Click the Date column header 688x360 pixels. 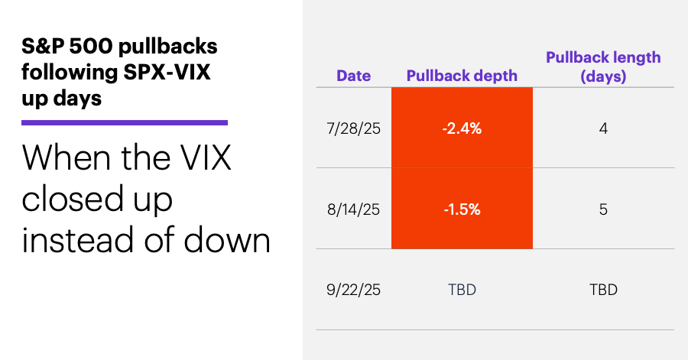pyautogui.click(x=353, y=76)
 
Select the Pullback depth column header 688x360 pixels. pyautogui.click(x=462, y=76)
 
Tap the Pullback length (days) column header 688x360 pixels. pyautogui.click(x=602, y=66)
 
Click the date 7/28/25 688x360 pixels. pyautogui.click(x=353, y=128)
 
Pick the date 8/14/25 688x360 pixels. pyautogui.click(x=353, y=209)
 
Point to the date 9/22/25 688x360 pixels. pyautogui.click(x=353, y=290)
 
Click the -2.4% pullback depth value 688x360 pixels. pyautogui.click(x=462, y=128)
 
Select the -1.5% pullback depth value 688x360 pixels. pyautogui.click(x=462, y=209)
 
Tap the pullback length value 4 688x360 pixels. pyautogui.click(x=603, y=128)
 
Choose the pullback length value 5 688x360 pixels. pyautogui.click(x=603, y=209)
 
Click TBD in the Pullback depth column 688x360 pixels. pyautogui.click(x=462, y=290)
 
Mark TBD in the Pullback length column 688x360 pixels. pyautogui.click(x=603, y=290)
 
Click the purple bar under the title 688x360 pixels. pyautogui.click(x=125, y=122)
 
